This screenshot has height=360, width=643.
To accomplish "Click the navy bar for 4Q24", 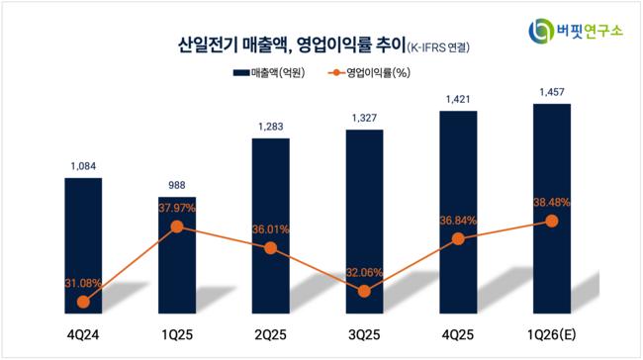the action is click(83, 245).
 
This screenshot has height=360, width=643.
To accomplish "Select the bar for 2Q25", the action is click(271, 225).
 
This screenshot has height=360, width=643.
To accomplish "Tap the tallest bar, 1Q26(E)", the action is click(552, 209).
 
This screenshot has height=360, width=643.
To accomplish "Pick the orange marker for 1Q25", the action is click(177, 226).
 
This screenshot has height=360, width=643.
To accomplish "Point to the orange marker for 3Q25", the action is click(364, 292).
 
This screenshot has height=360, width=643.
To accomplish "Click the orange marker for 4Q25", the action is click(458, 238).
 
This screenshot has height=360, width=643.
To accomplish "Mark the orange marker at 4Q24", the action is click(83, 303).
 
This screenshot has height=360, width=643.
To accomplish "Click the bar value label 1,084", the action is click(83, 166).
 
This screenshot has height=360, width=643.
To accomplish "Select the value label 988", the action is click(177, 185).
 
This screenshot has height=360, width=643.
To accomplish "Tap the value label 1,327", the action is click(364, 118).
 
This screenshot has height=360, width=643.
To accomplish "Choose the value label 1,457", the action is click(552, 92).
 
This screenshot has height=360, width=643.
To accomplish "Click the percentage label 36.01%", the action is click(271, 229).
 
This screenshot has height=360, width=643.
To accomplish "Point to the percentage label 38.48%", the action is click(552, 202).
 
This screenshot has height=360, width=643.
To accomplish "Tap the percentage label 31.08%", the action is click(83, 283).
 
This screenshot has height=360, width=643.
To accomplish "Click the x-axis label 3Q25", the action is click(364, 335).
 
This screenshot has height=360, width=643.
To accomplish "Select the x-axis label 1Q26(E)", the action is click(552, 335).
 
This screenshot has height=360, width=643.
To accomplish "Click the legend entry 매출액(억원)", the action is click(269, 73).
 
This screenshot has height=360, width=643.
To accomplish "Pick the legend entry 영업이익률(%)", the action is click(369, 73).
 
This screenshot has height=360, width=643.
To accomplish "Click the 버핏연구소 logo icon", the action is click(541, 31).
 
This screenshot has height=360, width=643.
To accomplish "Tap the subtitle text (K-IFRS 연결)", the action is click(438, 47).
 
